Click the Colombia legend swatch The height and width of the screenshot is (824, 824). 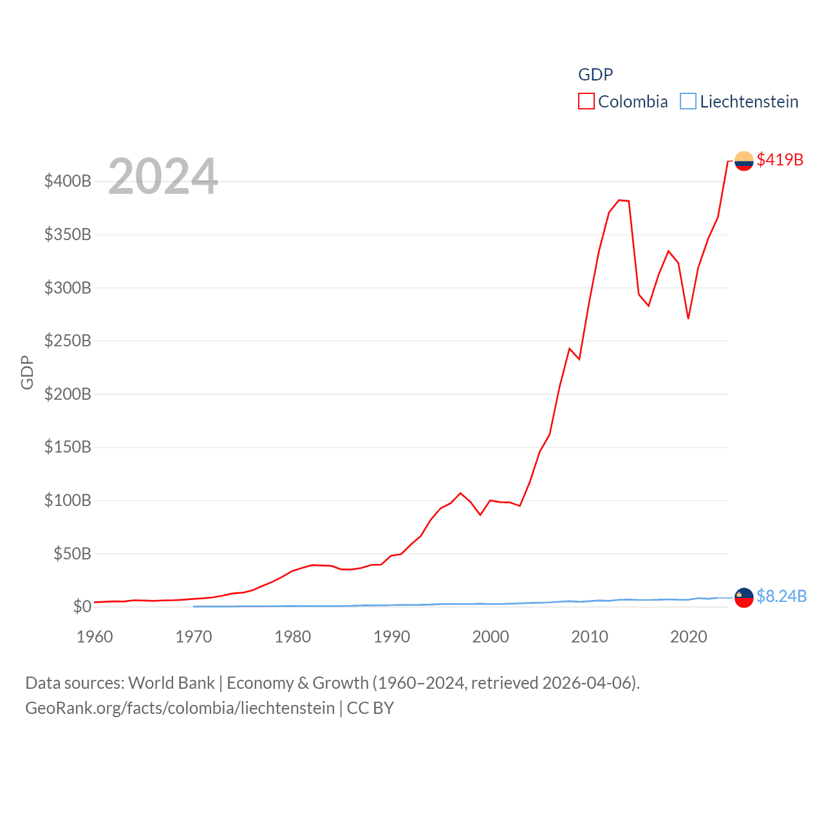point(586,102)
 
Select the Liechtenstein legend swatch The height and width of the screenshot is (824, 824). point(688,102)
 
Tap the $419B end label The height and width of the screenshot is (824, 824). point(780,160)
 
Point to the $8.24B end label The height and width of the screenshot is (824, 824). point(781,596)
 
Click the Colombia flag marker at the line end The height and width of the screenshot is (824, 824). point(744,161)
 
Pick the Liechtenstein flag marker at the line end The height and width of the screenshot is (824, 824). point(744,597)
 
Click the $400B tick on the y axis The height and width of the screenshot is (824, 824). point(68,181)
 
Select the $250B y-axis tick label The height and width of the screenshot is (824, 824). point(68,341)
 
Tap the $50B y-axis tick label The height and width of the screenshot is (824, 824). point(72,554)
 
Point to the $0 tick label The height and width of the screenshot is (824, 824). point(82,606)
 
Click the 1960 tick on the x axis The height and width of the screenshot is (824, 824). point(95,637)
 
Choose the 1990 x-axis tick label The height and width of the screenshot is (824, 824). point(391,637)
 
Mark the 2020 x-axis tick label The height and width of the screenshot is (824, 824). point(688,637)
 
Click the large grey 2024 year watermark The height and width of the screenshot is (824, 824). point(163,176)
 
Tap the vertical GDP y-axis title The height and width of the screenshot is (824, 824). point(27,372)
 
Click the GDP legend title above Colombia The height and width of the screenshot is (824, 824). point(595,75)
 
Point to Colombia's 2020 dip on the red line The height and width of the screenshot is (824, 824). point(688,318)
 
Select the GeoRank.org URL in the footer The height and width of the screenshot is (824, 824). point(180,708)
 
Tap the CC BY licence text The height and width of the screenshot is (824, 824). point(370,708)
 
